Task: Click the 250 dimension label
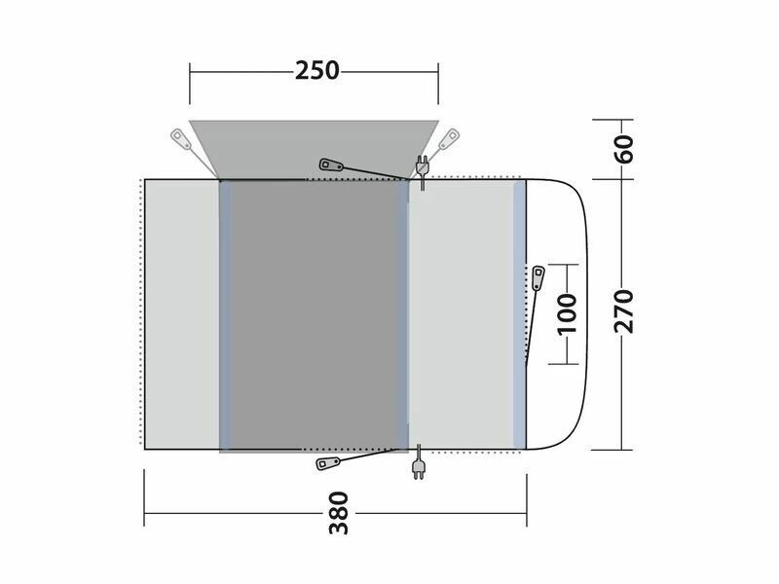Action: tap(317, 70)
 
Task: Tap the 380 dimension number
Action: tap(339, 513)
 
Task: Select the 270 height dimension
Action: tap(624, 311)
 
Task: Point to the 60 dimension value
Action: tap(624, 149)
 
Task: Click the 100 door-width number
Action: tap(567, 314)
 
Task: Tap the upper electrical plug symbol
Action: tap(422, 172)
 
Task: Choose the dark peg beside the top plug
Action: tap(331, 164)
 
